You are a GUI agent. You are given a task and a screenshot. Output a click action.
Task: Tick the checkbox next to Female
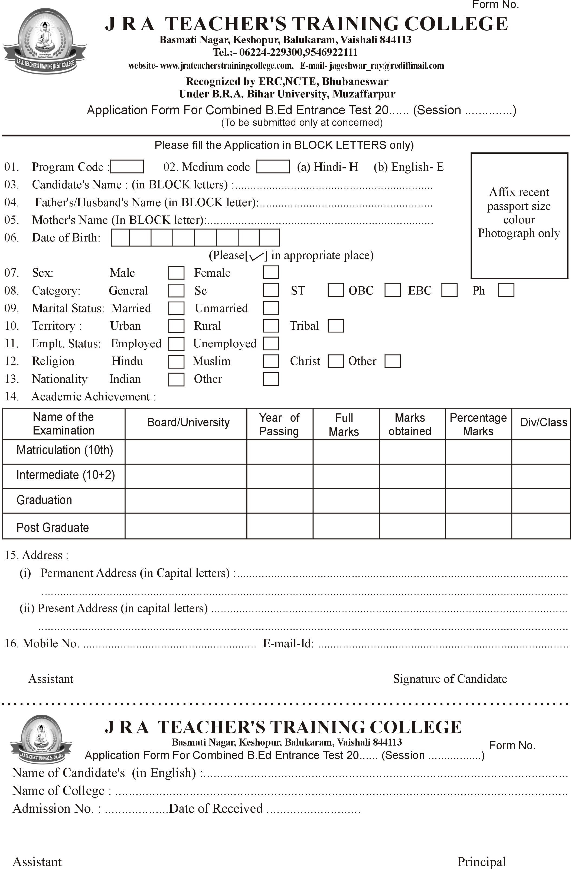(x=270, y=272)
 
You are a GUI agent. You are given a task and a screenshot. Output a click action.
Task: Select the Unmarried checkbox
(x=270, y=308)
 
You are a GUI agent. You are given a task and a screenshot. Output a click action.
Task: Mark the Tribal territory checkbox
(x=335, y=325)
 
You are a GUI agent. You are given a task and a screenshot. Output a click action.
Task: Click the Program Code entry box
(x=127, y=166)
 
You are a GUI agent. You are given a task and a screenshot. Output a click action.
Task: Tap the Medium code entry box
(x=273, y=166)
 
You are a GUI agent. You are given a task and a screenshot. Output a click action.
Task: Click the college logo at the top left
(x=45, y=41)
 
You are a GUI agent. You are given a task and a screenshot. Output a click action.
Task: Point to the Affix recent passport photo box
(x=519, y=215)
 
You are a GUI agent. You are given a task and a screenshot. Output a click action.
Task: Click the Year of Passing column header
(x=279, y=424)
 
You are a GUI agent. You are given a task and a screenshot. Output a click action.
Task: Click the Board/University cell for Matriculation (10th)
(x=185, y=452)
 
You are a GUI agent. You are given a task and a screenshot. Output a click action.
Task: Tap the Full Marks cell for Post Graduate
(x=346, y=526)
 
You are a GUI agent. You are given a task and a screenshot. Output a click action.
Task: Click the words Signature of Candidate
(x=450, y=679)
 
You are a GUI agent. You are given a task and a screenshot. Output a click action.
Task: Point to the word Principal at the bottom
(x=481, y=862)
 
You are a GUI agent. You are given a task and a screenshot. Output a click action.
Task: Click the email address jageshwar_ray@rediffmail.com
(x=386, y=66)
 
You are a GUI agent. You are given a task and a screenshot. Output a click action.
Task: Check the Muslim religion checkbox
(x=270, y=361)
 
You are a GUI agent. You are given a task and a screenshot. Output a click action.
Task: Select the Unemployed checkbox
(x=270, y=343)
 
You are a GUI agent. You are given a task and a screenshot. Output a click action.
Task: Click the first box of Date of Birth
(x=120, y=237)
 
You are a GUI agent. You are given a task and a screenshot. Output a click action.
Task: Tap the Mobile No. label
(x=50, y=643)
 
